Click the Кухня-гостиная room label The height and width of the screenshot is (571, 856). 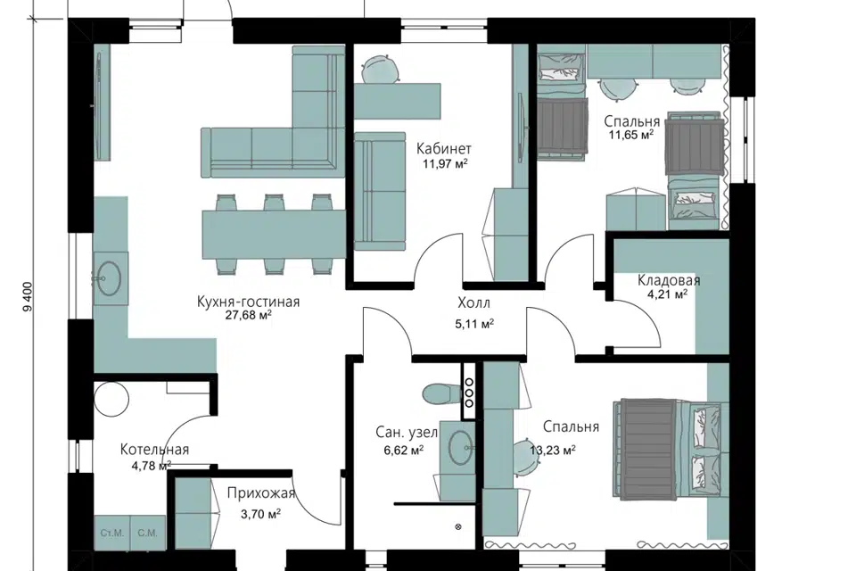tap(249, 302)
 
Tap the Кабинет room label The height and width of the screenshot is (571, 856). tap(444, 149)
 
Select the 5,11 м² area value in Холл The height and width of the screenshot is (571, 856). tap(474, 324)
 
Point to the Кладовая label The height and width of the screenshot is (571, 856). tap(669, 280)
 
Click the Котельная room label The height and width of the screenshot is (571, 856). tap(154, 450)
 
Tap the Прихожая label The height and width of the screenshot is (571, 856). tap(261, 493)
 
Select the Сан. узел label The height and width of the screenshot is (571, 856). tap(407, 433)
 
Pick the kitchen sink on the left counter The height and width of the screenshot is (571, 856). tap(110, 278)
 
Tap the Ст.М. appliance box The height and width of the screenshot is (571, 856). tap(112, 533)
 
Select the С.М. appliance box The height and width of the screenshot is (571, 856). tap(147, 533)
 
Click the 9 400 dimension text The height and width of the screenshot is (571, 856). tap(29, 297)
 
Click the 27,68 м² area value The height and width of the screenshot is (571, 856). tap(249, 316)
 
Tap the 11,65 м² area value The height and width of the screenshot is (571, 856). tap(631, 135)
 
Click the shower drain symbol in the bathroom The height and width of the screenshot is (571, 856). tap(458, 527)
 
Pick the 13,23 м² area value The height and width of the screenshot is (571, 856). tap(553, 451)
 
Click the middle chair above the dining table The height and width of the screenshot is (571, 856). tap(274, 203)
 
